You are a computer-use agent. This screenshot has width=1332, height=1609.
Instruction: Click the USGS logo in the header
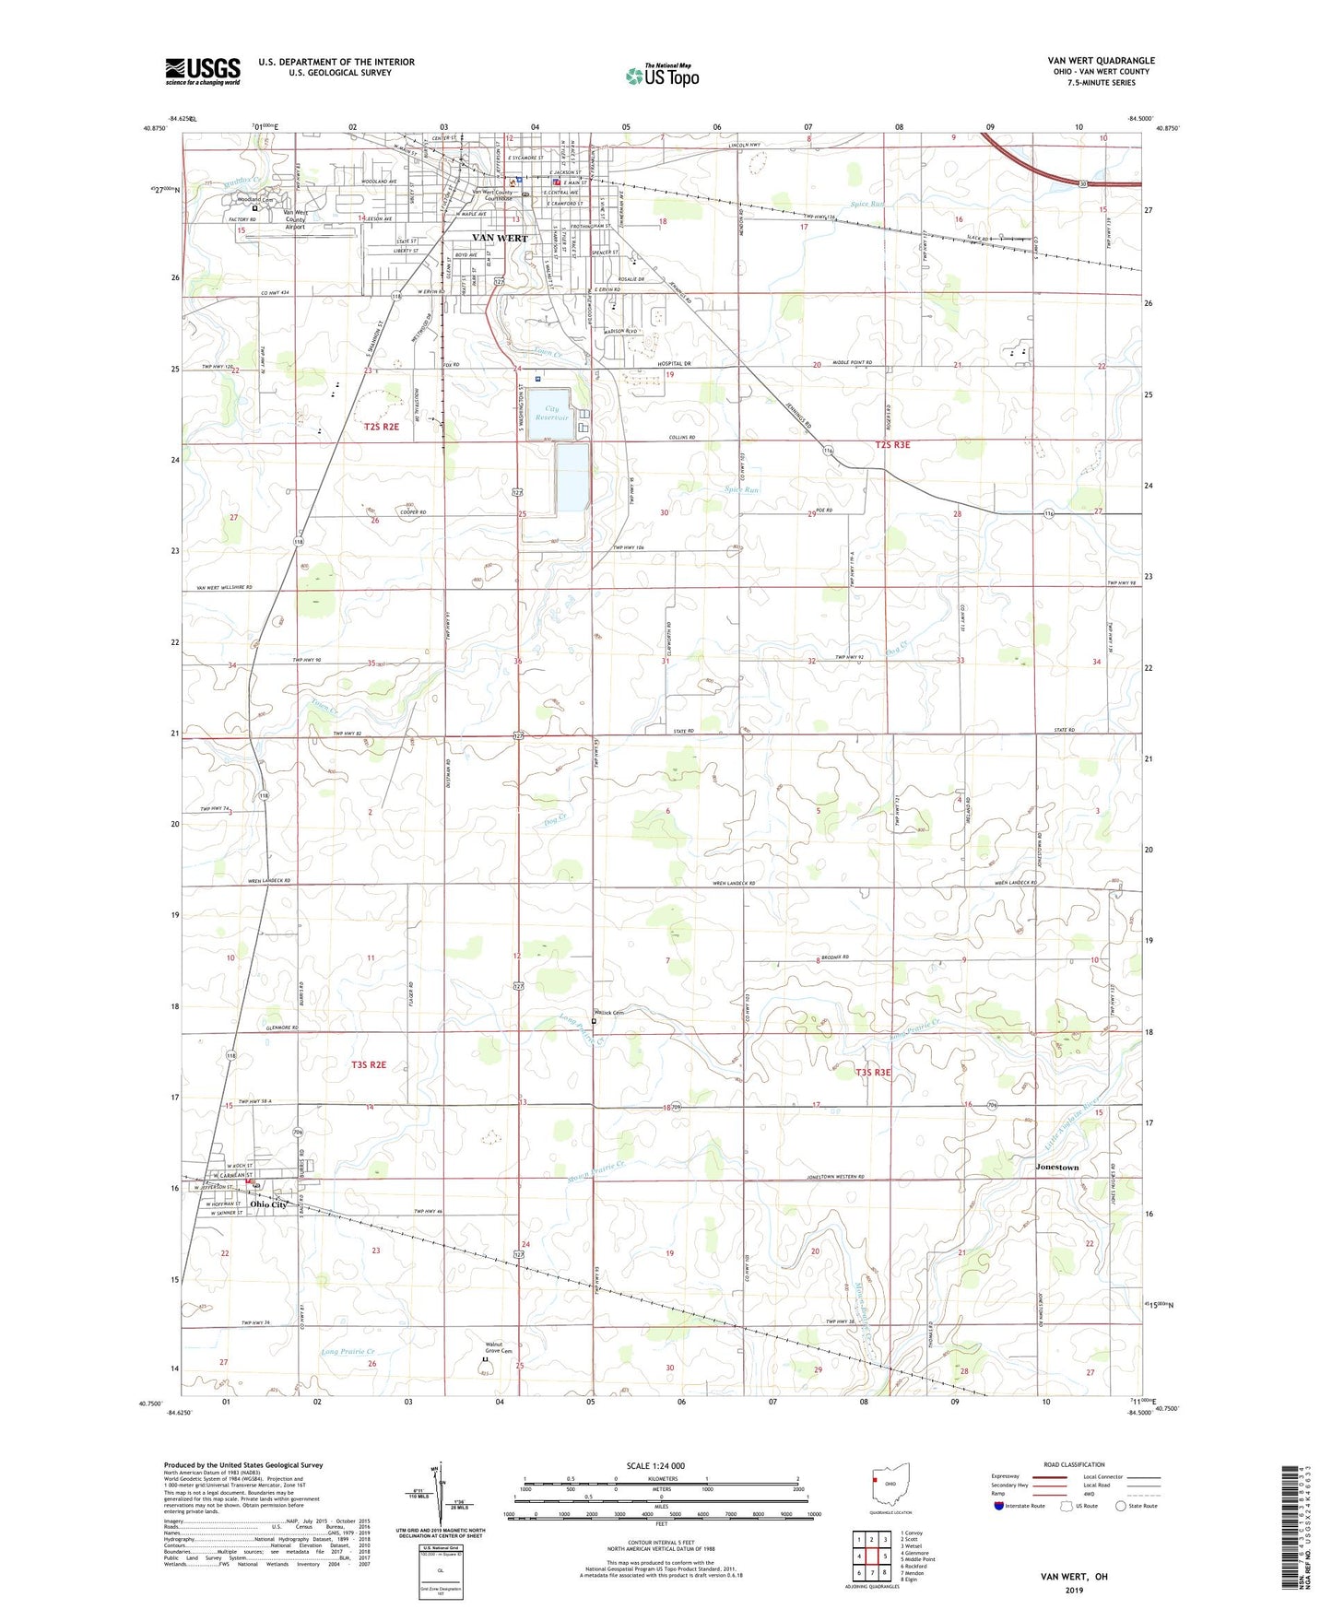(x=202, y=70)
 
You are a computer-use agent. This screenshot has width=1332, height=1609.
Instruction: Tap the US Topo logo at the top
(x=662, y=76)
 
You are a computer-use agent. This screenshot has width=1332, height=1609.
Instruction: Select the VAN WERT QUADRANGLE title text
(x=1101, y=61)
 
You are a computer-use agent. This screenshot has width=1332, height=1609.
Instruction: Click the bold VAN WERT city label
(x=500, y=238)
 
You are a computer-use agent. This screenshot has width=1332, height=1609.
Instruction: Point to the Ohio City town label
(x=268, y=1204)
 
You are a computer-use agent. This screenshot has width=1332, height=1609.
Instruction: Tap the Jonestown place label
(x=1056, y=1168)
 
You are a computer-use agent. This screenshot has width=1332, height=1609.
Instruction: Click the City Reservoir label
(x=553, y=413)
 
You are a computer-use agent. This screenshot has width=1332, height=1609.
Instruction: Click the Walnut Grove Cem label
(x=500, y=1348)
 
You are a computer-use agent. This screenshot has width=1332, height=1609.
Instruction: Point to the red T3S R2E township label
(x=369, y=1065)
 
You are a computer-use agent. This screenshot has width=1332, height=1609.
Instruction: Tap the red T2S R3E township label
(x=891, y=445)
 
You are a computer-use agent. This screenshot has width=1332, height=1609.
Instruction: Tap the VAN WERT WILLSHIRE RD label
(x=224, y=588)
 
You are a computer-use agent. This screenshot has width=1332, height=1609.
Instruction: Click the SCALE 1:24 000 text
(x=655, y=1466)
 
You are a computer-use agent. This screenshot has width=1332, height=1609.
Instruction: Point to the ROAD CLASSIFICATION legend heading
(x=1073, y=1464)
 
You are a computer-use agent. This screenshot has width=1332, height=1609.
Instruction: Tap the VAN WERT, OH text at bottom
(x=1074, y=1577)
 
